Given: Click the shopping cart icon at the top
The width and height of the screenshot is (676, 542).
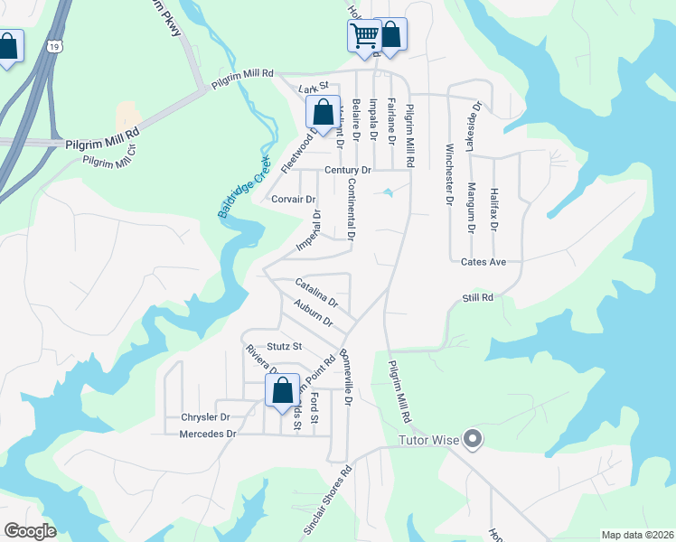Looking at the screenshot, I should click(x=364, y=37).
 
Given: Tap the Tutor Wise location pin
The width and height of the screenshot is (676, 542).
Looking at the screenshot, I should click(x=472, y=441).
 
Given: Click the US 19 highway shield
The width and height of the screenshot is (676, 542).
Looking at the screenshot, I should click(x=56, y=45).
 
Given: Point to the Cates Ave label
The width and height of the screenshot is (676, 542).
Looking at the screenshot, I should click(x=482, y=262).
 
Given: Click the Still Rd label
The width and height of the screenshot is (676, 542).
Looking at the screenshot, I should click(x=477, y=297).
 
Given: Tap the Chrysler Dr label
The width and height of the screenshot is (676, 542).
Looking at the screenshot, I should click(x=206, y=417).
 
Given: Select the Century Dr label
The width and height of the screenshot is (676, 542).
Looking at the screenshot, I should click(x=348, y=170).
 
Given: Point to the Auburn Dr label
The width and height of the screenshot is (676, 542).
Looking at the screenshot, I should click(x=314, y=315).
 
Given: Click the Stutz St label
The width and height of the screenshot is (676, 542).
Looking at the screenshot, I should click(x=283, y=346).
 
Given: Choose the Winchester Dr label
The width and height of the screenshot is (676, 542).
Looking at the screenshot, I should click(x=447, y=174).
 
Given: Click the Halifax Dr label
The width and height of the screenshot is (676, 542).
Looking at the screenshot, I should click(x=494, y=207).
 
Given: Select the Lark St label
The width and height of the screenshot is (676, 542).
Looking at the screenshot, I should click(x=311, y=89).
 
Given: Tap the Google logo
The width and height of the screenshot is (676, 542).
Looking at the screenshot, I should click(x=30, y=530).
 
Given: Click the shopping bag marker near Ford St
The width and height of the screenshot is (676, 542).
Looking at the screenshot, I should click(x=282, y=391).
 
